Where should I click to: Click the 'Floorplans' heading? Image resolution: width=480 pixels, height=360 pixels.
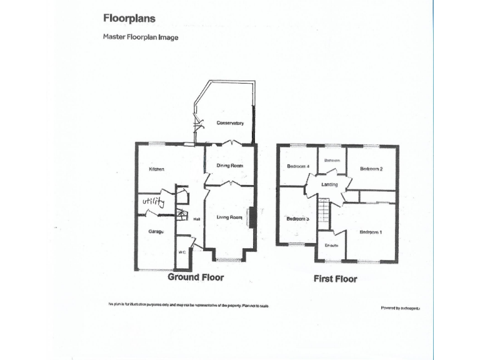pos(129,19)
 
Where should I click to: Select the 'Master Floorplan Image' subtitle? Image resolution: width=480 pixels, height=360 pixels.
pos(141,37)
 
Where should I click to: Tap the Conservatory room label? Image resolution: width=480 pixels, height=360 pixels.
pos(230,123)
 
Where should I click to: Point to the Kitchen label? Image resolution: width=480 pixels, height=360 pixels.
pos(156,169)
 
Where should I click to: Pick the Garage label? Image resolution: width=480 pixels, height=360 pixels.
pos(156,232)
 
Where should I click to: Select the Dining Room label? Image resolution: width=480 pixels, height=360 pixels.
pos(230,166)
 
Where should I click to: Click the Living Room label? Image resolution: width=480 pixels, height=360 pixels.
pos(229,217)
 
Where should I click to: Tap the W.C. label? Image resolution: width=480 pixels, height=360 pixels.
pos(182,252)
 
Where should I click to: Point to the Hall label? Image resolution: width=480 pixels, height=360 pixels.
pos(196,219)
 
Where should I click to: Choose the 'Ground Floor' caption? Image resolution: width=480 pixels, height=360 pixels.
pos(196,277)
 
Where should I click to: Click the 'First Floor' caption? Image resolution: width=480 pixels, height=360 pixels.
pos(336,279)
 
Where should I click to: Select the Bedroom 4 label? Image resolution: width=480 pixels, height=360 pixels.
pos(298,166)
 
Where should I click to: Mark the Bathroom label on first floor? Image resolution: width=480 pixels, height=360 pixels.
pos(332,161)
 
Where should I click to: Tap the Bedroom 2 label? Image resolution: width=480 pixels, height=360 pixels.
pos(371,169)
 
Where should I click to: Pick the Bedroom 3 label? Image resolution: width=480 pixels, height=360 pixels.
pos(297,219)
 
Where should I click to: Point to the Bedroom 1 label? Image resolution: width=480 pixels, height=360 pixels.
pos(371,232)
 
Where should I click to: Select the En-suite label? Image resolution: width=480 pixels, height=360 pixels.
pos(331,245)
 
